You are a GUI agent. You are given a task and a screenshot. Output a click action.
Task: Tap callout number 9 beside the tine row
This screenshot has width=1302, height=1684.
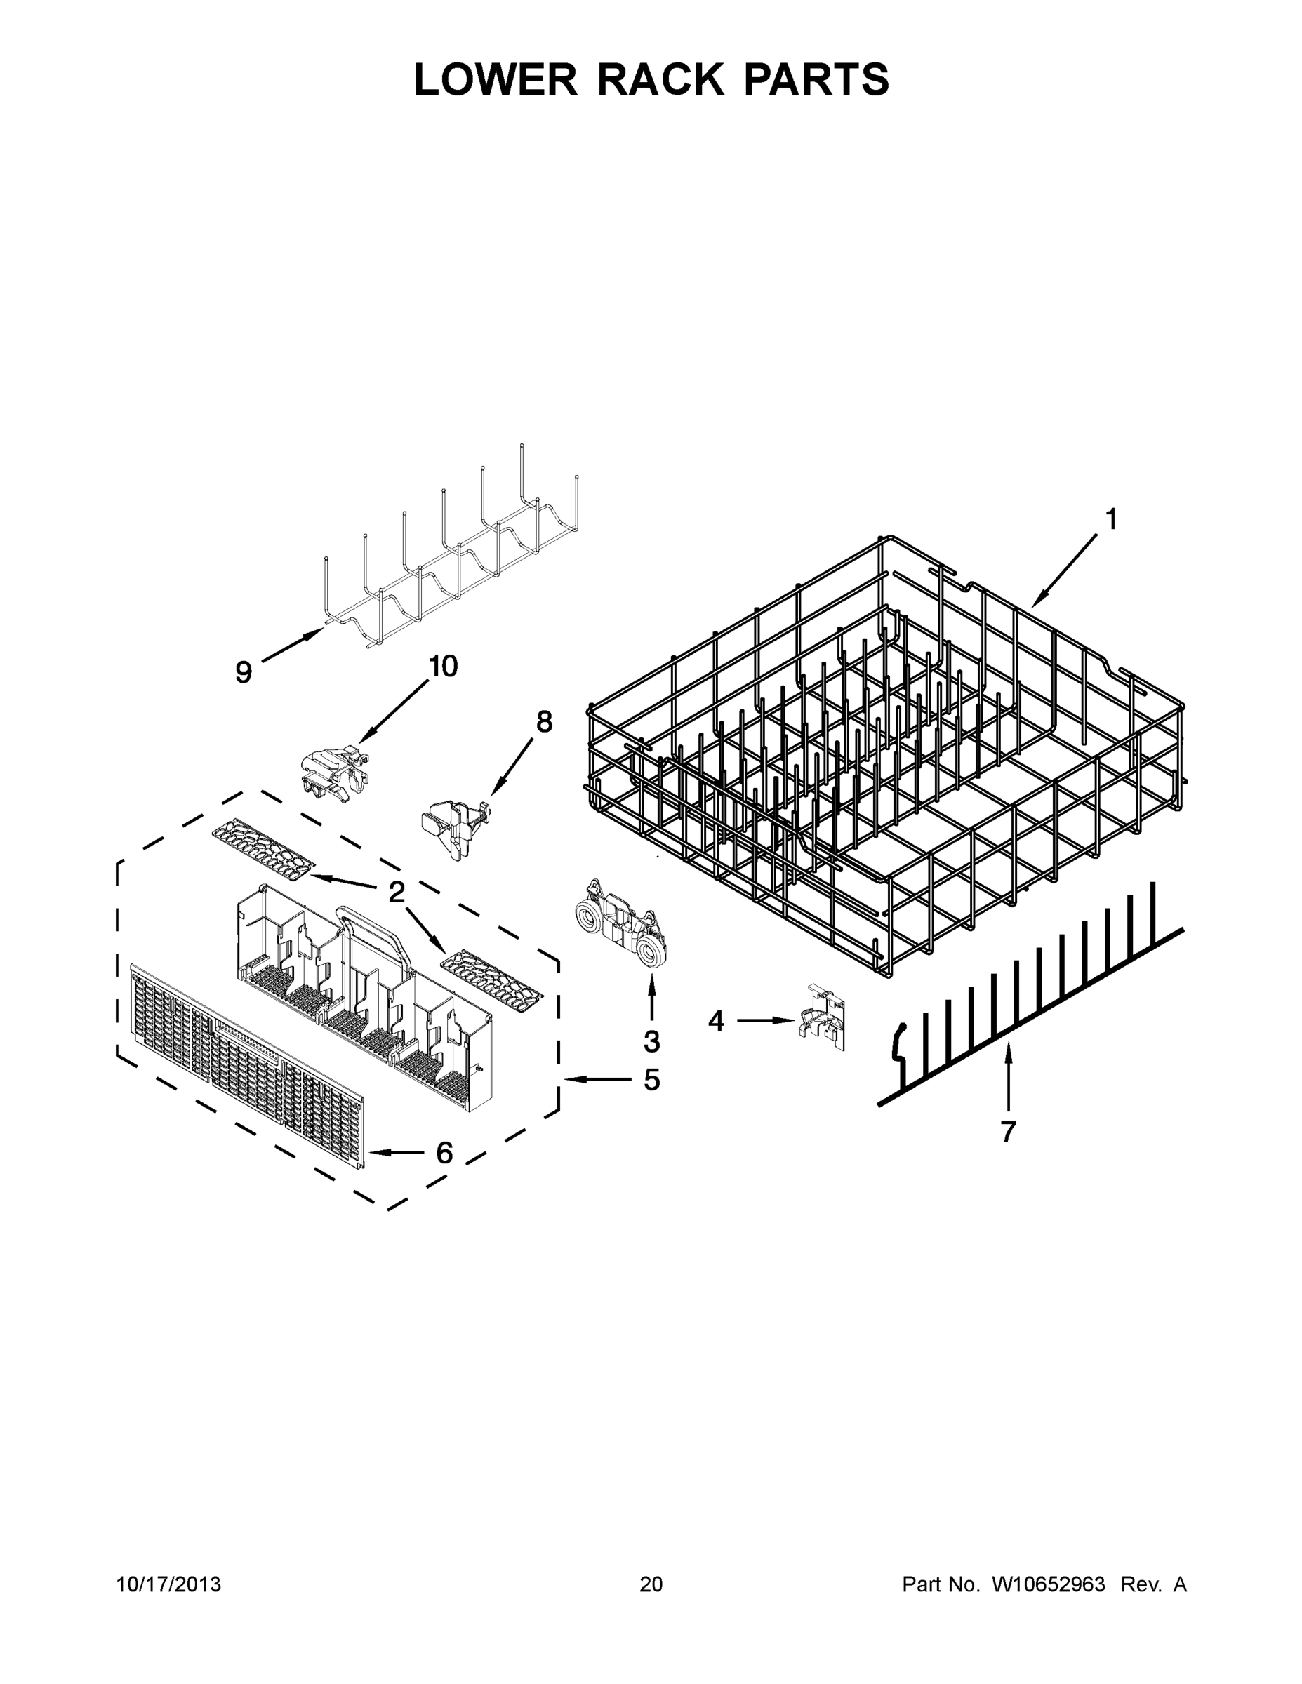tap(244, 672)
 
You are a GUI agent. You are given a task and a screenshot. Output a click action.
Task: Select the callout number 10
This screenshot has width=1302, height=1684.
tap(443, 665)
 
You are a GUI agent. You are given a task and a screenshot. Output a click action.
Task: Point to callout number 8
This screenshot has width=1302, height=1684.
tap(545, 722)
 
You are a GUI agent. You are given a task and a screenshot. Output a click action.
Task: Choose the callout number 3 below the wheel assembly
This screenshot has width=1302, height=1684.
tap(652, 1041)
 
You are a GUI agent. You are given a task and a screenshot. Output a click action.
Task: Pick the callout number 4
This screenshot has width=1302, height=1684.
tap(717, 1021)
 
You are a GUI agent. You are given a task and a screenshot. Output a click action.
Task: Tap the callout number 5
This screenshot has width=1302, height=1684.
tap(652, 1081)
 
